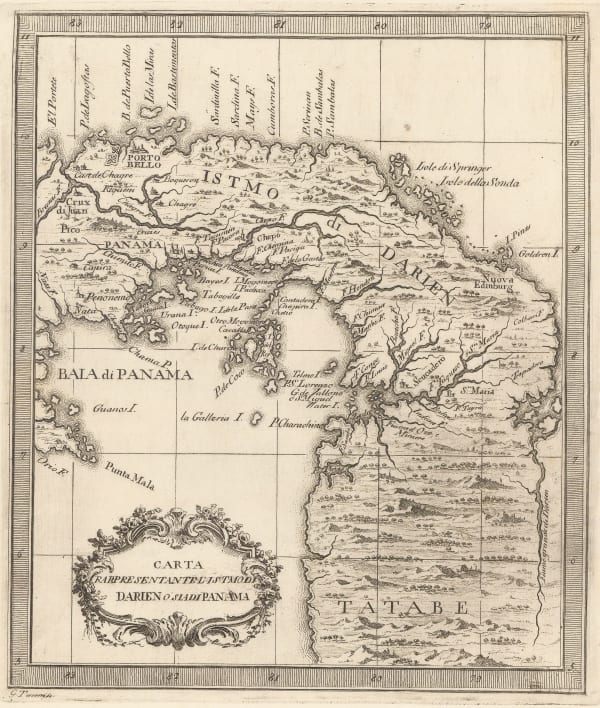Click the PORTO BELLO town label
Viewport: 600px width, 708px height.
click(137, 161)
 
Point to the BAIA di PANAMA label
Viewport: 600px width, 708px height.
click(125, 375)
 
